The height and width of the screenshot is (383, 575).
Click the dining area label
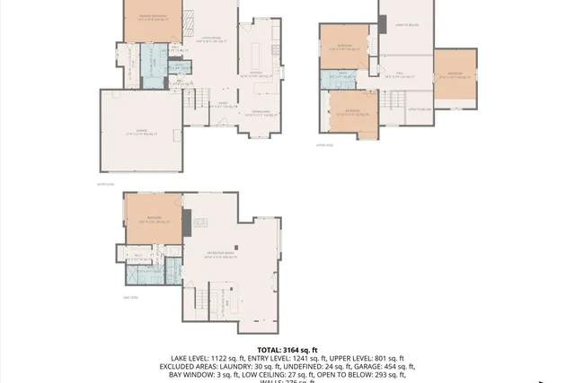(261, 111)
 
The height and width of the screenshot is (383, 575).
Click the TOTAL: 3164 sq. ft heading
(287, 350)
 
